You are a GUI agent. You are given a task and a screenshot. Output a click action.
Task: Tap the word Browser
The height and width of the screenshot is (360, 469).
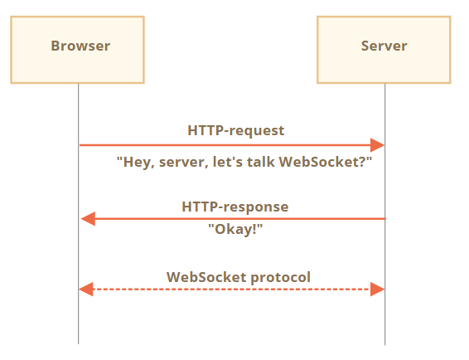point(80,46)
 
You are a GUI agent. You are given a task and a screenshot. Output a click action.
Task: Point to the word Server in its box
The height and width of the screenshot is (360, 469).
point(384,46)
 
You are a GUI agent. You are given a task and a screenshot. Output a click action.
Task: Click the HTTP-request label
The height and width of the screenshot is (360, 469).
point(235,130)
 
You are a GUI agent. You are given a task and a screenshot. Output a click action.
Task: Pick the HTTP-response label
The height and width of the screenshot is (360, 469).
point(235,206)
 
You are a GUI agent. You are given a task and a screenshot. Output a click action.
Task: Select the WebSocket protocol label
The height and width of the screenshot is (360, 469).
point(239,277)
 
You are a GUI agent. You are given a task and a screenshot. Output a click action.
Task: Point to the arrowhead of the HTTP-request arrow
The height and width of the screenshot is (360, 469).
point(378,145)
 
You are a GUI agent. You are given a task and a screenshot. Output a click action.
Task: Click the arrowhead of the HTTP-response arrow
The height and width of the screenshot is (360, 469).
point(87,219)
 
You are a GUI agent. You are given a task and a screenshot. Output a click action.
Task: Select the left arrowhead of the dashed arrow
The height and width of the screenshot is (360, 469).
point(85,289)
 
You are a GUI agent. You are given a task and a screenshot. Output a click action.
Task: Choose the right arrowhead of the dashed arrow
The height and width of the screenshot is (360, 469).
point(378,289)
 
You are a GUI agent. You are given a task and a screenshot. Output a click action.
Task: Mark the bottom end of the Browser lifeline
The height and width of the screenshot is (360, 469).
point(79,343)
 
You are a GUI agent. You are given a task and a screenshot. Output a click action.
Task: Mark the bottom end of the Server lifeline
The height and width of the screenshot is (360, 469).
point(384,343)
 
